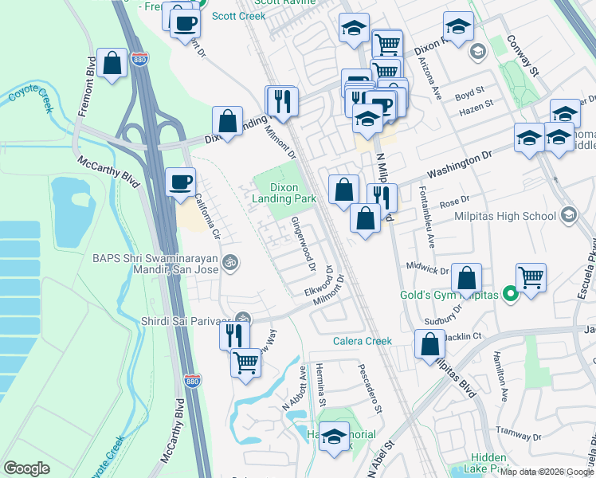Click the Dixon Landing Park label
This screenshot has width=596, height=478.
284,192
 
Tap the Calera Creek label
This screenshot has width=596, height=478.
363,341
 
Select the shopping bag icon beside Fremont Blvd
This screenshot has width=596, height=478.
112,63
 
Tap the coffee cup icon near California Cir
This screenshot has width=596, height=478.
179,182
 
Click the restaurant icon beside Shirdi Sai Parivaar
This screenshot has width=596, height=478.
233,334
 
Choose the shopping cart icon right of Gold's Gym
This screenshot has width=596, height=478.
531,278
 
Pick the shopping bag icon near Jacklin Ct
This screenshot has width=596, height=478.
429,344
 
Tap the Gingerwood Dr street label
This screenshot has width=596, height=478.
304,243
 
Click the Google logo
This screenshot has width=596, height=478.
28,468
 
